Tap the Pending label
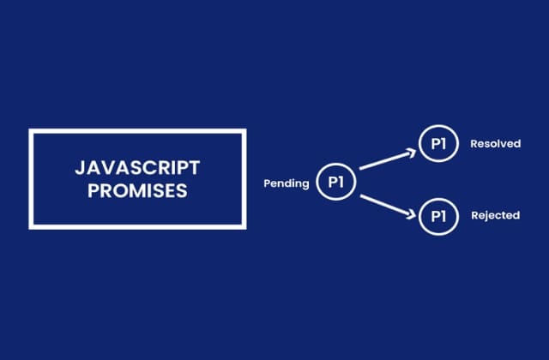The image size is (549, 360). [287, 183]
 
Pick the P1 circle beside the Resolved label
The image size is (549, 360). [438, 144]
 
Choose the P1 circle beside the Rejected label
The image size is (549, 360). [438, 215]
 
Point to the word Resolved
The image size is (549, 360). [495, 144]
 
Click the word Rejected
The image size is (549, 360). [495, 215]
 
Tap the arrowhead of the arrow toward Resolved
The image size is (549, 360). [409, 153]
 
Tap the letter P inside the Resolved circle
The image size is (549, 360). [433, 144]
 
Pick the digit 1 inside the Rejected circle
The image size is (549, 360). [444, 215]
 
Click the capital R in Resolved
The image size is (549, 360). [474, 144]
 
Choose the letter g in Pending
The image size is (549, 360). [305, 185]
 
